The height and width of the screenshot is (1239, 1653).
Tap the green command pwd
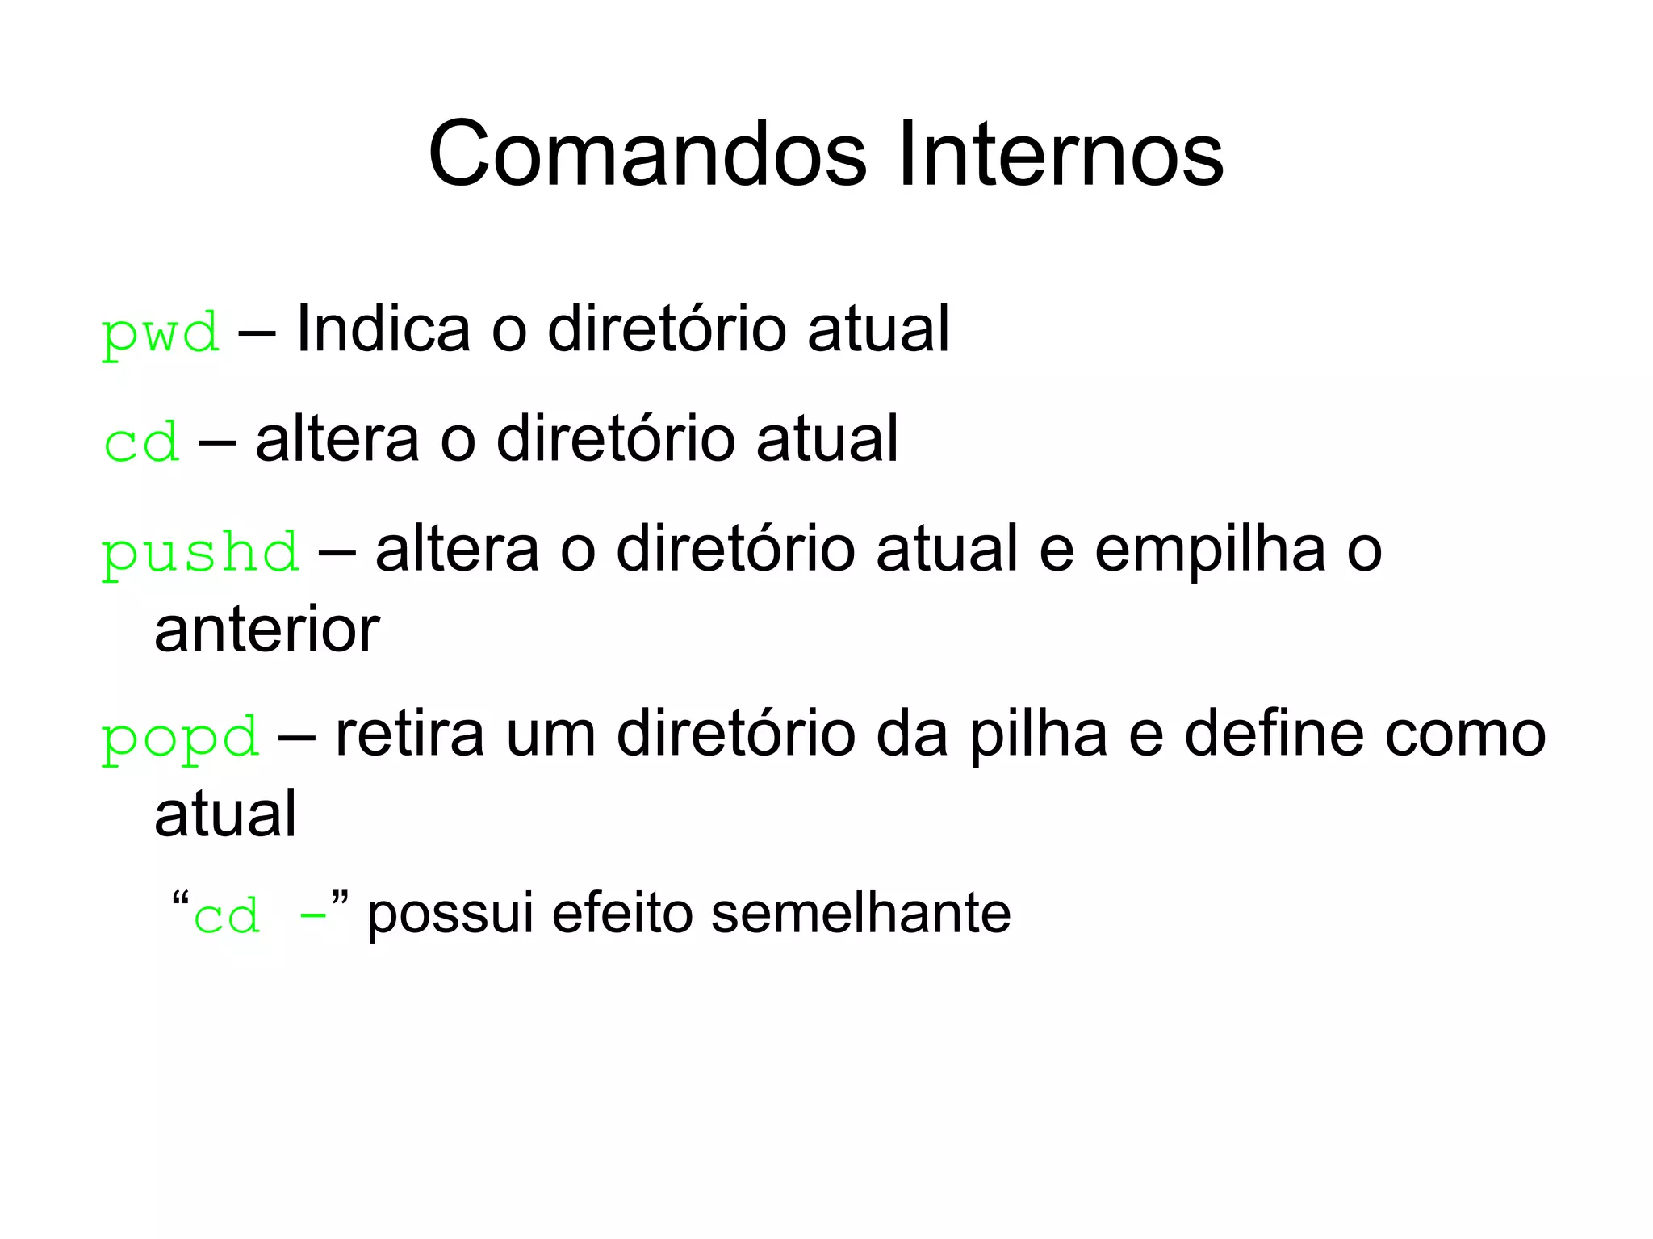[160, 333]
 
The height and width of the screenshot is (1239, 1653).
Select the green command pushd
[199, 554]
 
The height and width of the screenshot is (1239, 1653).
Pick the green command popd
[179, 738]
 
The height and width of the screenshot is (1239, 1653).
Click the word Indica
[383, 329]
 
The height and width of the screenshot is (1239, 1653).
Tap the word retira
[409, 735]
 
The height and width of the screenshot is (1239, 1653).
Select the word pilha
[1038, 735]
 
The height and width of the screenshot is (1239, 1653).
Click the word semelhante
[860, 913]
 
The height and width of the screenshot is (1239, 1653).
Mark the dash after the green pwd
[257, 332]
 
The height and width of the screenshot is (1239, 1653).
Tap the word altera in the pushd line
[457, 550]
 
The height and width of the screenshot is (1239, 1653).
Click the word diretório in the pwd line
[666, 329]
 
